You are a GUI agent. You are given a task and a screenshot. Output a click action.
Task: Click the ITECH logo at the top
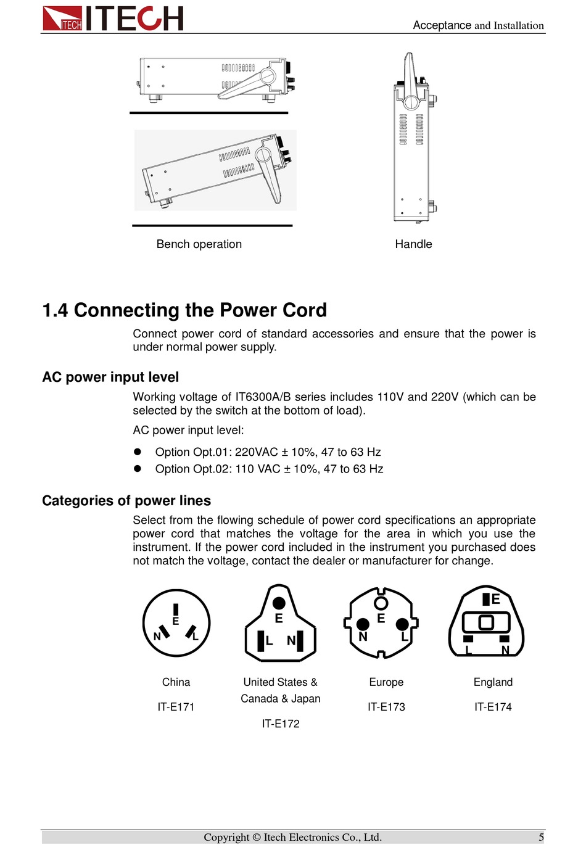(113, 18)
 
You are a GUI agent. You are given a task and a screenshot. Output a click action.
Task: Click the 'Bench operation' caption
(199, 244)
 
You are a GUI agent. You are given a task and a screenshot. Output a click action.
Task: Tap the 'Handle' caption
(413, 244)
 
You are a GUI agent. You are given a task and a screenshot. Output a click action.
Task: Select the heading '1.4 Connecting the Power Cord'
(184, 310)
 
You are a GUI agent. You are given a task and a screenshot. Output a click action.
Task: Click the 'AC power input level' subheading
(110, 378)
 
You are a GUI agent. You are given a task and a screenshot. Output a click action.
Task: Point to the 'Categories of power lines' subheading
(126, 501)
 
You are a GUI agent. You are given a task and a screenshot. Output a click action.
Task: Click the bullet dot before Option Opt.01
(138, 452)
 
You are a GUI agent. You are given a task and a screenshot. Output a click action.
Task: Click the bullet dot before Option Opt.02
(138, 469)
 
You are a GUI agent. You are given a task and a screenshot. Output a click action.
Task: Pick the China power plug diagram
(176, 623)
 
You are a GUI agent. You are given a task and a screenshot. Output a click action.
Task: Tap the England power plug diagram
(487, 622)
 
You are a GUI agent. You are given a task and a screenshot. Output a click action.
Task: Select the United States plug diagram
(280, 623)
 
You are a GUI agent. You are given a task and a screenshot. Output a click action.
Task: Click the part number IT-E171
(176, 707)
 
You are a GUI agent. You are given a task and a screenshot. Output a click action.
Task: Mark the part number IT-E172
(281, 724)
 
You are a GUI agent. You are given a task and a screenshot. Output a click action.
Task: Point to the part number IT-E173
(386, 707)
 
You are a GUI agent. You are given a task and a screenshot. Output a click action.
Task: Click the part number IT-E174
(493, 707)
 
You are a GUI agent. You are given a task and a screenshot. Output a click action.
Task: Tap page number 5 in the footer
(541, 837)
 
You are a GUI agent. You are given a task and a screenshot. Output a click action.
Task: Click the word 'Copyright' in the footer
(226, 837)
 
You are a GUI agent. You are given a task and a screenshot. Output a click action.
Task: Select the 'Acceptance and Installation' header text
(478, 25)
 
